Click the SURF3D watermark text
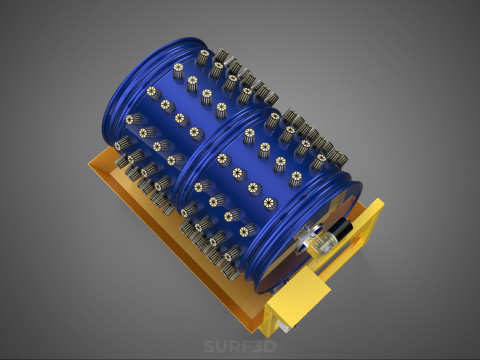pos(240,346)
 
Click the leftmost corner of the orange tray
pos(89,163)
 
